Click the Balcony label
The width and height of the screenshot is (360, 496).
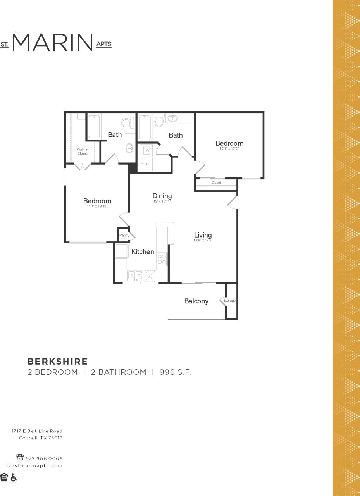(196, 301)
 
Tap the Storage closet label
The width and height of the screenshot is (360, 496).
(229, 301)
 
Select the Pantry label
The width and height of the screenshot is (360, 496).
(124, 235)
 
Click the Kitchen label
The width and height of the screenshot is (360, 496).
(143, 252)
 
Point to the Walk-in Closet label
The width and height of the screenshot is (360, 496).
(82, 151)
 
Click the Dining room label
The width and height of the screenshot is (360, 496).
(162, 196)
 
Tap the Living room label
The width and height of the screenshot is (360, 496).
(203, 235)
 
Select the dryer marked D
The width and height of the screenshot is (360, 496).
(146, 164)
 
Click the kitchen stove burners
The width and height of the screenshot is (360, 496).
(162, 259)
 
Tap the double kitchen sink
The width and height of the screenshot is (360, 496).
(135, 276)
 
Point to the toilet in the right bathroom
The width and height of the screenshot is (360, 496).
(159, 122)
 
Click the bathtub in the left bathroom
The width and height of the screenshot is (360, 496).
(94, 126)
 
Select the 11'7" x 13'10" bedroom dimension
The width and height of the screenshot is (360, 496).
(97, 207)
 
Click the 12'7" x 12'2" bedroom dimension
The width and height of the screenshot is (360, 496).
(229, 148)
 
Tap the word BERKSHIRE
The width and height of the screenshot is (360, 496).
(58, 362)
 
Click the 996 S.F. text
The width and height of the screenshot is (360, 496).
(176, 372)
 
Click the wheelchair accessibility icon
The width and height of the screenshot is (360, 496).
(14, 477)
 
